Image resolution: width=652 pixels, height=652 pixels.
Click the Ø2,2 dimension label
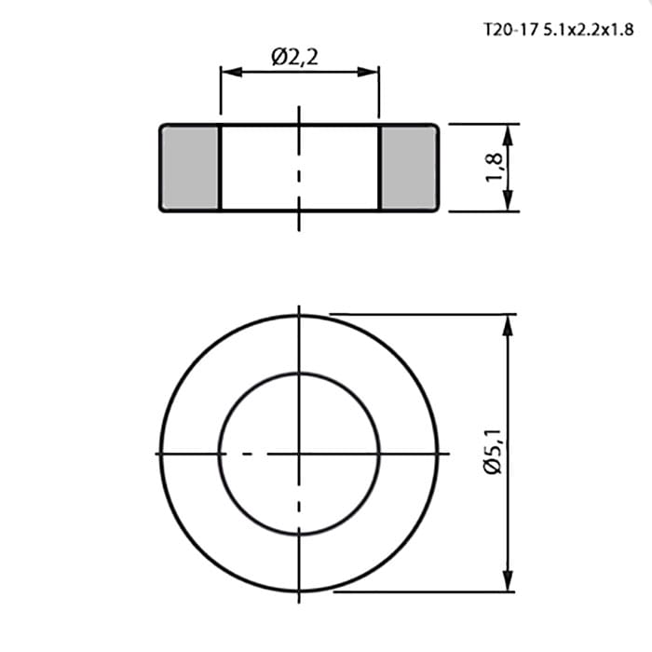pos(295,58)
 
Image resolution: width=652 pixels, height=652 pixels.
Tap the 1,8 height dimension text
pos(494,167)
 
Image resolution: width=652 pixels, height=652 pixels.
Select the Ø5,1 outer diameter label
pos(493,451)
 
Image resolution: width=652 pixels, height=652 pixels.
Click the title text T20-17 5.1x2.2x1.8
pos(559,30)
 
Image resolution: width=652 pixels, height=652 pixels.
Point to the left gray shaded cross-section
pos(190,168)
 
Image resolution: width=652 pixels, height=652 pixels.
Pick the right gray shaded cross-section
pos(408,168)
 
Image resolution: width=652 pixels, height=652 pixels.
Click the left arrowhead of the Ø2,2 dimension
pos(232,72)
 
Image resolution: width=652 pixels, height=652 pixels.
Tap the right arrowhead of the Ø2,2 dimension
pos(368,72)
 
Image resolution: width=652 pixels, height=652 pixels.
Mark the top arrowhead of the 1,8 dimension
pos(508,135)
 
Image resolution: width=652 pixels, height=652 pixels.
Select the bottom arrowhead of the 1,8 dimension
pos(508,200)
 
